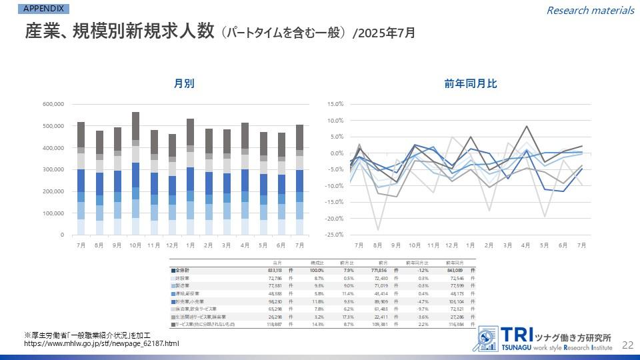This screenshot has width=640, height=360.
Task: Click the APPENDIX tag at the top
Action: pos(43,9)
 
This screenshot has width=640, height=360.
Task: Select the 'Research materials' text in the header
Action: pos(590,10)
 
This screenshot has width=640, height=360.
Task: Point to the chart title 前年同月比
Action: pos(471,83)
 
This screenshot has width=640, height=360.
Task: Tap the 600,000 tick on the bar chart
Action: pos(52,104)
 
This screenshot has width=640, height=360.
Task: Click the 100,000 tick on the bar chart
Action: pos(52,213)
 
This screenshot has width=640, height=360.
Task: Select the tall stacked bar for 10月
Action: pos(135,173)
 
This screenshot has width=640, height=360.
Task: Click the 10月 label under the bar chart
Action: pos(135,245)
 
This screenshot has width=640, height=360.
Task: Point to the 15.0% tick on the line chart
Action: pos(335,104)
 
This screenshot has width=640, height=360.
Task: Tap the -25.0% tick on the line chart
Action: pos(334,235)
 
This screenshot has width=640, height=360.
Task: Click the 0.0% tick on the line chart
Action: pos(336,153)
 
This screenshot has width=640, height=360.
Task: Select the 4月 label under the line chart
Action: pos(527,245)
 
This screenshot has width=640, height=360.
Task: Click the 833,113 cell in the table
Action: pos(275,270)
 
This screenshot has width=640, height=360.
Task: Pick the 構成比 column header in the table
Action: pos(315,263)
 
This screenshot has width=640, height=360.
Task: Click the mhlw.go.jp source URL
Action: pos(101,343)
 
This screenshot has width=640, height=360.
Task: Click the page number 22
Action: pos(627,344)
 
